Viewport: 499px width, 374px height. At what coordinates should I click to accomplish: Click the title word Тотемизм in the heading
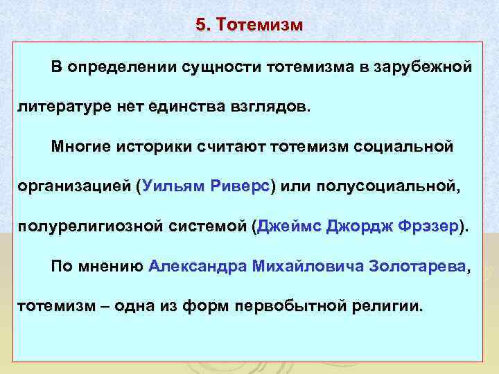[x=259, y=25]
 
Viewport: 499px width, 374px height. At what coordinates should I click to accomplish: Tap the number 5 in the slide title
[x=200, y=25]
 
